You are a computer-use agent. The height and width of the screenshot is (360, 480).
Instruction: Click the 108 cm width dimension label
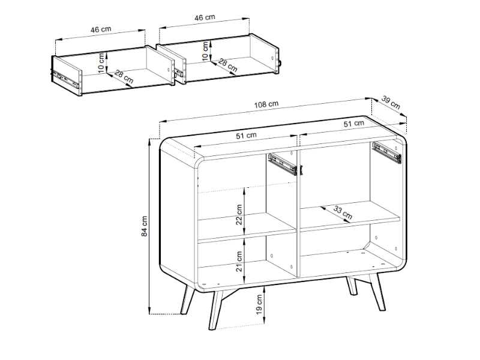pyautogui.click(x=266, y=104)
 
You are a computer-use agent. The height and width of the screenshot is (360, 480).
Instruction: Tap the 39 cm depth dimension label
pyautogui.click(x=391, y=102)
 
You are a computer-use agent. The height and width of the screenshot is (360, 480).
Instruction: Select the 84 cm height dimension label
pyautogui.click(x=145, y=226)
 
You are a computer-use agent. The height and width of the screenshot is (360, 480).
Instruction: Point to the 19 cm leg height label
pyautogui.click(x=259, y=305)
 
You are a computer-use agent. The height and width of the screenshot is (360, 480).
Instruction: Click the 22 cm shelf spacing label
pyautogui.click(x=239, y=215)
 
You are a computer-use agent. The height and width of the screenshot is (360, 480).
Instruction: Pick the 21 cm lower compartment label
pyautogui.click(x=239, y=261)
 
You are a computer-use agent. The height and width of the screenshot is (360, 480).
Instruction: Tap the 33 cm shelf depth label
pyautogui.click(x=343, y=212)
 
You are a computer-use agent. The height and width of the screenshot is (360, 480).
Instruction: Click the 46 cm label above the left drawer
pyautogui.click(x=101, y=29)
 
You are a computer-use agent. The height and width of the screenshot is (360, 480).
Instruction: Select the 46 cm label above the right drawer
pyautogui.click(x=205, y=17)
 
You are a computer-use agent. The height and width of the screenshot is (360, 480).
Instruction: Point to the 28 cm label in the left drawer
pyautogui.click(x=124, y=77)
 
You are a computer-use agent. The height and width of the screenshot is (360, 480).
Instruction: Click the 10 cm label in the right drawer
pyautogui.click(x=205, y=51)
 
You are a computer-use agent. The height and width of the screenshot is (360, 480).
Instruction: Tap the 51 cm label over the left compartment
pyautogui.click(x=246, y=136)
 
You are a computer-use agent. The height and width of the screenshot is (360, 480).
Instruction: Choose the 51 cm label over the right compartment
pyautogui.click(x=353, y=124)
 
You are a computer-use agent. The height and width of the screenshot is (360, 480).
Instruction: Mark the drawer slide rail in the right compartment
pyautogui.click(x=387, y=152)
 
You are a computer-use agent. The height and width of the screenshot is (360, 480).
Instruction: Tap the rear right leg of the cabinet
pyautogui.click(x=351, y=286)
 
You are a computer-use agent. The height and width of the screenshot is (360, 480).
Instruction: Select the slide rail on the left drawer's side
pyautogui.click(x=65, y=77)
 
